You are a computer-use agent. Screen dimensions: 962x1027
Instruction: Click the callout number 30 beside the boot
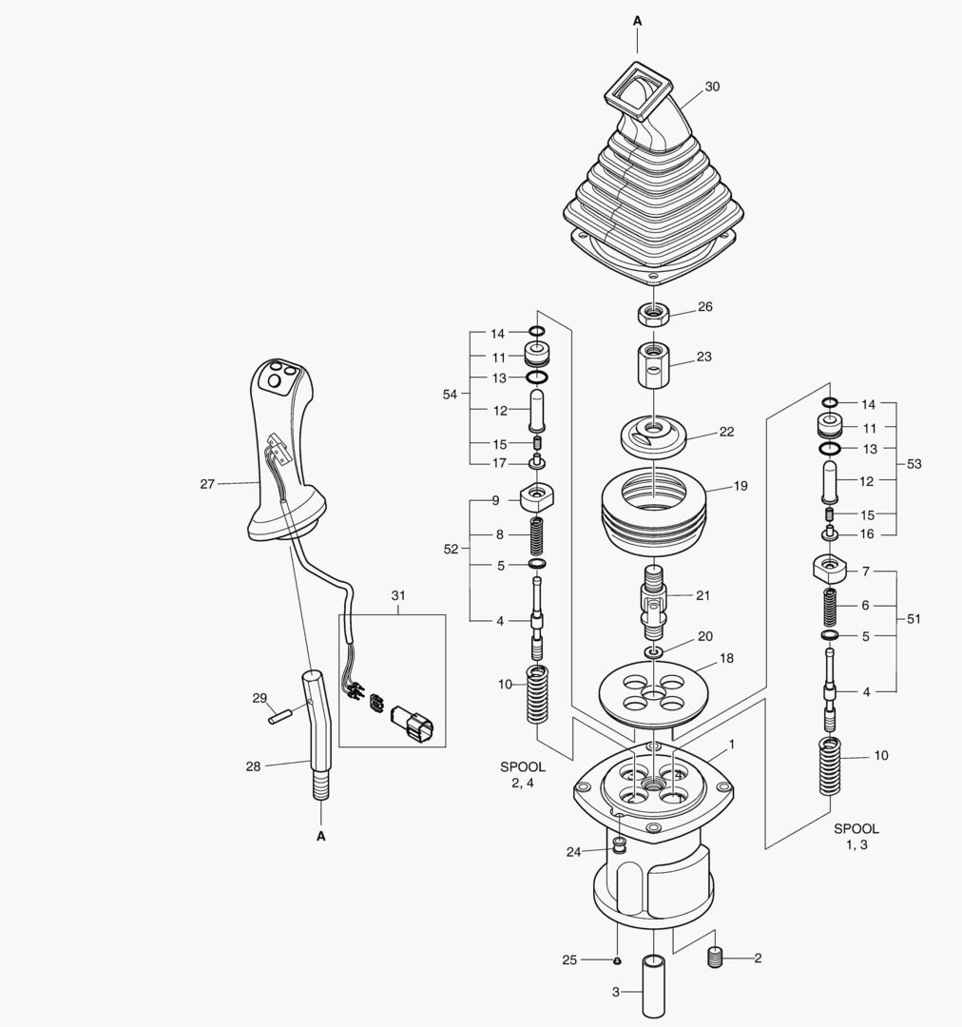712,87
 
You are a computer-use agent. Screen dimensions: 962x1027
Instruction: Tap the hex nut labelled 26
652,314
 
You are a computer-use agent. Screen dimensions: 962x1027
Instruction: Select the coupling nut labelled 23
651,368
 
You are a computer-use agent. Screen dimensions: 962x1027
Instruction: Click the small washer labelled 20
654,651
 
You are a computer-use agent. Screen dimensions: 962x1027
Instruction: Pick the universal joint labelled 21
653,602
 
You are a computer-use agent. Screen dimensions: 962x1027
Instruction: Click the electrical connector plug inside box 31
413,725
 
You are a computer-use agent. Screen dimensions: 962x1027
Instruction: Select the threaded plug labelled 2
716,958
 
